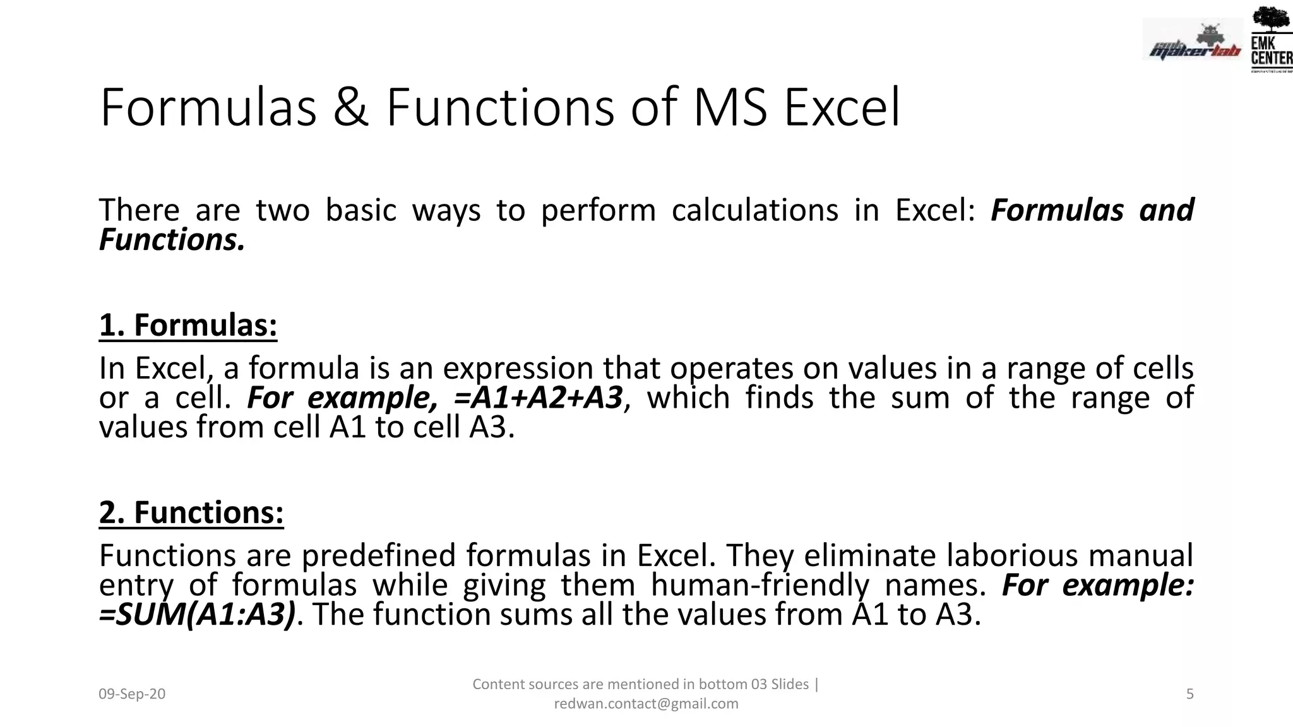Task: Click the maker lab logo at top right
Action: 1192,42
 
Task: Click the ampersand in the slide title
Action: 351,107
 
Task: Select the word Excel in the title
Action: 842,107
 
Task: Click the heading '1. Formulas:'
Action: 188,325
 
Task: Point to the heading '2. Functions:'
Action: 191,512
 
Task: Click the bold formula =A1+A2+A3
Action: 538,398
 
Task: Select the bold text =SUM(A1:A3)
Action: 197,614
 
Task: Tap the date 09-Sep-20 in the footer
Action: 132,694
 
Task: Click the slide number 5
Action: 1189,694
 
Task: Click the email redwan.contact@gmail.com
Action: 646,704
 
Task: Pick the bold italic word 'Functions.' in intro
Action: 172,240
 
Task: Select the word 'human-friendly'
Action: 760,585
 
